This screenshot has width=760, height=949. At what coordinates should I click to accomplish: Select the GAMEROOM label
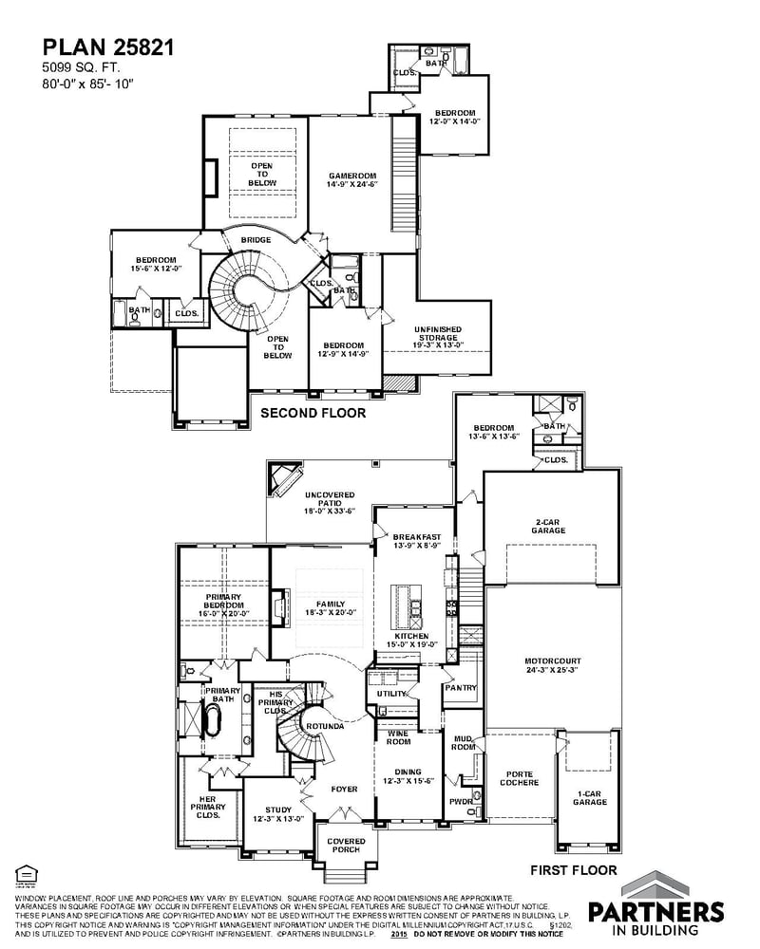pos(352,180)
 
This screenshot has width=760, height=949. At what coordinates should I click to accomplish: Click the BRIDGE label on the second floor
pos(256,240)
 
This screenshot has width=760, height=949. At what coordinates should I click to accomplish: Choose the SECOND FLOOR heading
pos(313,413)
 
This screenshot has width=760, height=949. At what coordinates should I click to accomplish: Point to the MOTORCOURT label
pos(552,665)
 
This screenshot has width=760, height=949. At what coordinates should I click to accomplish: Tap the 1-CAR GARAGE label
pos(589,797)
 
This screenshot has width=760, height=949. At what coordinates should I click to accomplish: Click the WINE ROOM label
pos(397,738)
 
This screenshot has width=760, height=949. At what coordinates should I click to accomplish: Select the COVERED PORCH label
pos(346,846)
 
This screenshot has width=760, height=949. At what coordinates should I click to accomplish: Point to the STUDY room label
pos(277,814)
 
